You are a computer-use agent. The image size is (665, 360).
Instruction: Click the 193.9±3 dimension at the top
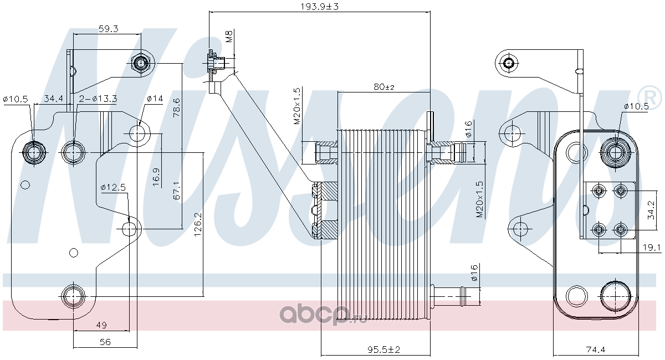pos(319,6)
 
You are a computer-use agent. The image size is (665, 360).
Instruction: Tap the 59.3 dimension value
pos(109,29)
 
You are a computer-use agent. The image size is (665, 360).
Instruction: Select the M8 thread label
pos(229,37)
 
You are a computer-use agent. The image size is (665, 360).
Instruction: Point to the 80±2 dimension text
pos(384,87)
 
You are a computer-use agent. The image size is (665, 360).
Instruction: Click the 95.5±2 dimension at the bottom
pos(384,349)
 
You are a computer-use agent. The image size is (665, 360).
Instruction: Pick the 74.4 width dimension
pos(596,349)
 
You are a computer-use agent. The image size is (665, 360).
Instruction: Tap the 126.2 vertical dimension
pos(198,225)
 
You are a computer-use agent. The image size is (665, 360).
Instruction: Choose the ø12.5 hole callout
pos(113,187)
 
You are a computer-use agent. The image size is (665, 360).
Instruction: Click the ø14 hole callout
pos(155,98)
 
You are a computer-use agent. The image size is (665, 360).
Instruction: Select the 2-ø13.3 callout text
pos(98,98)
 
